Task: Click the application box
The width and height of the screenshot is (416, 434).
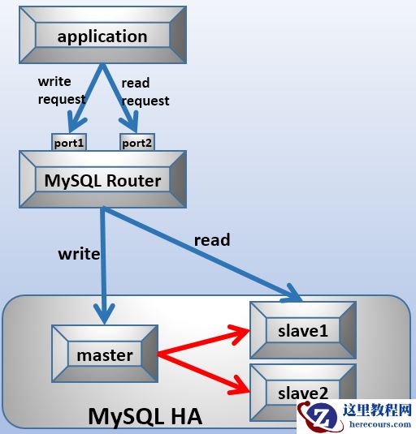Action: click(102, 37)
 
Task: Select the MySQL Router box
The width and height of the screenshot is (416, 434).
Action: click(102, 180)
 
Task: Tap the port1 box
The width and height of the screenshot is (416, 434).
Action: click(68, 143)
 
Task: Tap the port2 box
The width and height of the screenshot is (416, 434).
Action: click(137, 143)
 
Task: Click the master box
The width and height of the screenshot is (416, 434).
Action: click(104, 355)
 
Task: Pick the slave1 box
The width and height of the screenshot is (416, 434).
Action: click(302, 331)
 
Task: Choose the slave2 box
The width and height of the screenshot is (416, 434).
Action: click(302, 393)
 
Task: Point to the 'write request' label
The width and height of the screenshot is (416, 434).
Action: click(61, 90)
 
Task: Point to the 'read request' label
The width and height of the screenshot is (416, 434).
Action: click(145, 92)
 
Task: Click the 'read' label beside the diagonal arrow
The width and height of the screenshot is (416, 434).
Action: click(211, 240)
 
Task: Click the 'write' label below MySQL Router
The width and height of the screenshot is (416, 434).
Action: click(79, 254)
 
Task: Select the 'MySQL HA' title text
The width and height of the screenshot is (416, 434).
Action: click(145, 417)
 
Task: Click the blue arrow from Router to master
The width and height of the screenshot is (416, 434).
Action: click(103, 268)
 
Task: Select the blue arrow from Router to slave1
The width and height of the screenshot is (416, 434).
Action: click(203, 253)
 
